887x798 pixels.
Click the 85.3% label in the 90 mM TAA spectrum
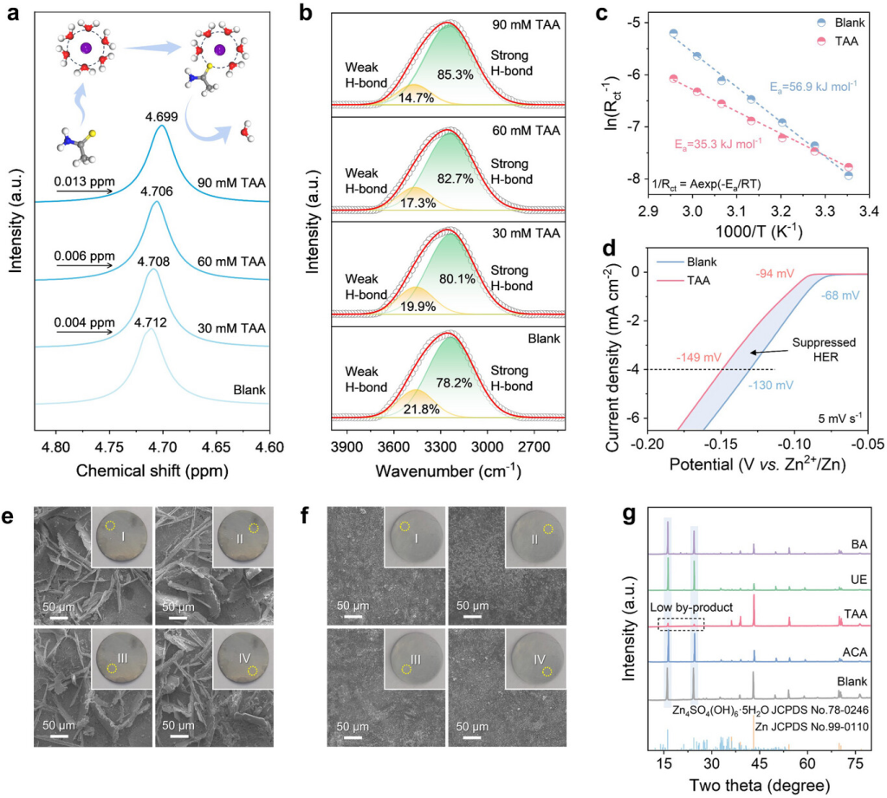[x=455, y=75]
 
